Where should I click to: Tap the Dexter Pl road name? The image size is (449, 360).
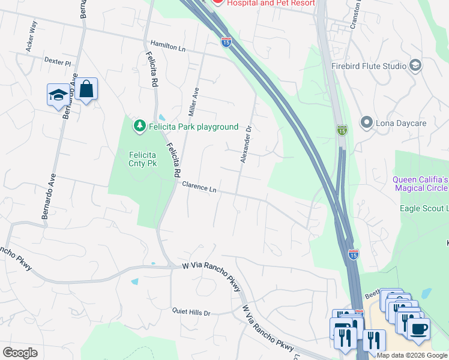tap(58, 62)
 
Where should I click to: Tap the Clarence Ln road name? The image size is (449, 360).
tap(199, 187)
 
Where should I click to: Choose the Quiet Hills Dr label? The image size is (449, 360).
tap(191, 313)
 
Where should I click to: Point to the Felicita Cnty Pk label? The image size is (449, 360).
tap(143, 158)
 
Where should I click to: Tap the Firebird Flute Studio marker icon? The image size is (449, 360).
tap(415, 65)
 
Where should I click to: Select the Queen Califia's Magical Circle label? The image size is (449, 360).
tap(421, 184)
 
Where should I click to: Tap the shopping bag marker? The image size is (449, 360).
tap(86, 89)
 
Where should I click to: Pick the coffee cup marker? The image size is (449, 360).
tap(418, 328)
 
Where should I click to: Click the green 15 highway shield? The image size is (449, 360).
tap(342, 130)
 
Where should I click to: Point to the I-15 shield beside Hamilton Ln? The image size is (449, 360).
tap(226, 41)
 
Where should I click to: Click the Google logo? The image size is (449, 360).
tap(20, 353)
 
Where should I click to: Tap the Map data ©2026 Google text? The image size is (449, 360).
tap(412, 355)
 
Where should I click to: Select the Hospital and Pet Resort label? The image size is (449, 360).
tap(271, 3)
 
